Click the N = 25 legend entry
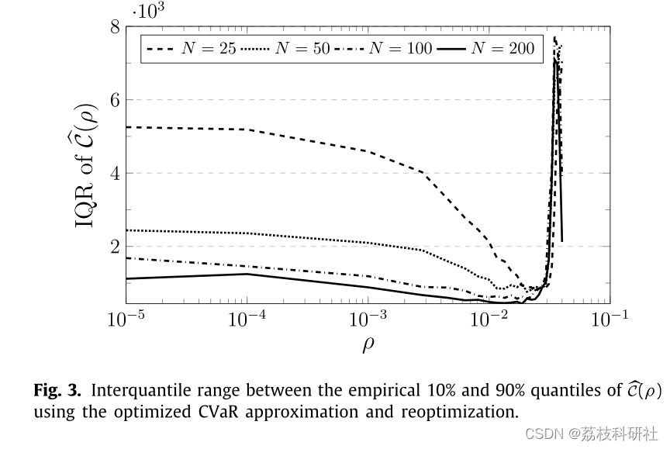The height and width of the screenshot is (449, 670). click(191, 49)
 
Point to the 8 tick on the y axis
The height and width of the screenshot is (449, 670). click(114, 27)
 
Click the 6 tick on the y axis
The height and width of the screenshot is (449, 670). click(114, 100)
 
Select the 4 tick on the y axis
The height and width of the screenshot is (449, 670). click(114, 173)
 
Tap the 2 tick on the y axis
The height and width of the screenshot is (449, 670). click(114, 246)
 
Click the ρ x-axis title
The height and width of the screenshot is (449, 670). click(368, 344)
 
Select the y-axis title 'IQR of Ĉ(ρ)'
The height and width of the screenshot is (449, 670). click(88, 164)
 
